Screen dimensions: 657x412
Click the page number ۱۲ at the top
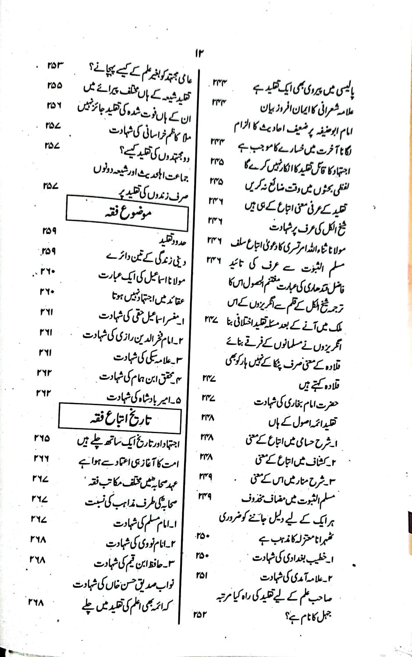tap(199, 53)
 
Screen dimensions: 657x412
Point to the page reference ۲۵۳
tap(55, 67)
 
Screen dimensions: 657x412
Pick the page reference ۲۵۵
tap(54, 86)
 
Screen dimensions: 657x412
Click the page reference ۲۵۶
tap(53, 106)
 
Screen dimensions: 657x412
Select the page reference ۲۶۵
tap(42, 438)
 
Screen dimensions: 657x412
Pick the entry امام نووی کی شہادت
tap(141, 544)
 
